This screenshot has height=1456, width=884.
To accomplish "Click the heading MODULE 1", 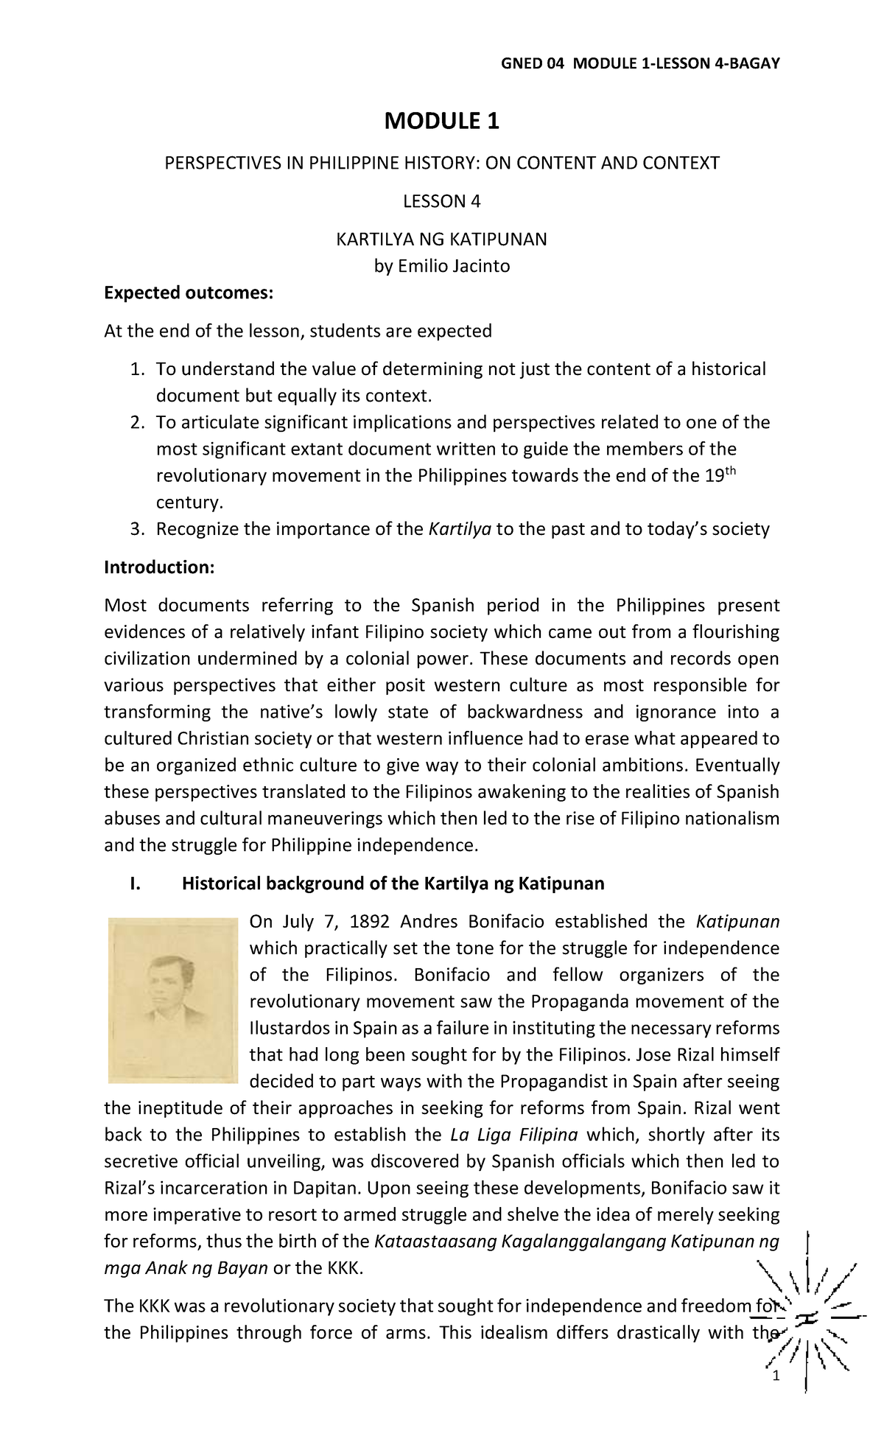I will click(x=441, y=121).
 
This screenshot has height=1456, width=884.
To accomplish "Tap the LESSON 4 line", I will click(x=441, y=201).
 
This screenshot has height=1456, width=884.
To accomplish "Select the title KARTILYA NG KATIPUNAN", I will click(x=441, y=239).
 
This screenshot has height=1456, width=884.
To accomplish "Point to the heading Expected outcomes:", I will click(x=189, y=293).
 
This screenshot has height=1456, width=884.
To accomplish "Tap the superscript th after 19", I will click(x=730, y=471).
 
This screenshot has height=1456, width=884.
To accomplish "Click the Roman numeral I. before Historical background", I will click(x=134, y=883).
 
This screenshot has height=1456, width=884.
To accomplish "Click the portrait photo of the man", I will click(x=173, y=1000).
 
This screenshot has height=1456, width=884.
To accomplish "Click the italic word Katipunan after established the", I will click(x=737, y=922).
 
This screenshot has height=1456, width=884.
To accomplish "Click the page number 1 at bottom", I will click(x=775, y=1377).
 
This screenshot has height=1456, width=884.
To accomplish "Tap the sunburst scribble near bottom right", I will click(x=808, y=1317).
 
